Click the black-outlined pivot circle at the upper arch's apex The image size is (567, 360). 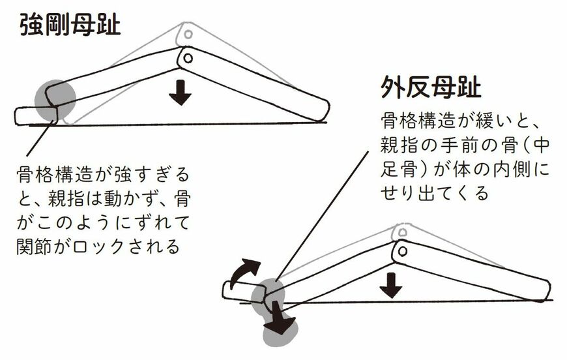click(187, 58)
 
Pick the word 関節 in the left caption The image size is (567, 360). click(37, 246)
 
